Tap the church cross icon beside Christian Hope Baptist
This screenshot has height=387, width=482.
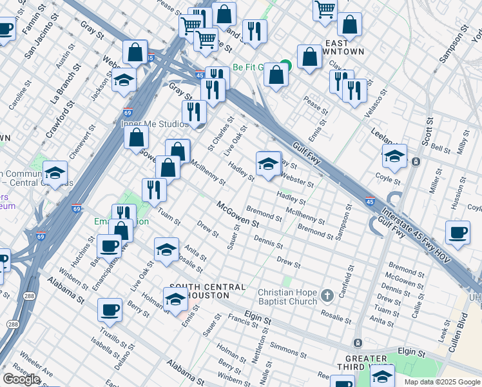327,296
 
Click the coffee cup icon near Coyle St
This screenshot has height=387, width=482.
458,233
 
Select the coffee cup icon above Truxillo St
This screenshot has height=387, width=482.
110,310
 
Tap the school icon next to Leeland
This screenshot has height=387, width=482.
394,156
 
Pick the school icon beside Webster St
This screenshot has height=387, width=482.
269,164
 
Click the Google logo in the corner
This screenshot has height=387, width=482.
21,379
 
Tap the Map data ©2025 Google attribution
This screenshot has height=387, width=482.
441,382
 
